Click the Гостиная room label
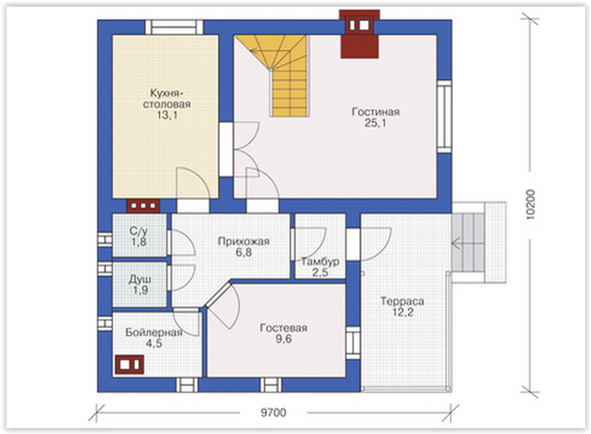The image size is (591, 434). coord(375,112)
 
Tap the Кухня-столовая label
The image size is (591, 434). coord(167,98)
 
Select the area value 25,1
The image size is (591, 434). coord(375,123)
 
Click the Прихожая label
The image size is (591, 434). coord(244,242)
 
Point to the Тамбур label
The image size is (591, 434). coord(320,261)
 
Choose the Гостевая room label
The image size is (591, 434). coord(283,328)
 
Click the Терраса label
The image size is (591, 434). coord(402,301)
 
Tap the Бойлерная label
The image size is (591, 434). coord(153,332)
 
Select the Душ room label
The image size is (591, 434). coord(139,279)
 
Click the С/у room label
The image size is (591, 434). coord(139,231)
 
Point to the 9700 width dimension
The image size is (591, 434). coord(273,413)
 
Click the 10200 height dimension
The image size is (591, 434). coord(530,204)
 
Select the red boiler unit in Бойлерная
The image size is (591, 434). coord(129,365)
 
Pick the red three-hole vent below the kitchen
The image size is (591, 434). coord(143,206)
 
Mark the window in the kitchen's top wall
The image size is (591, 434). coord(174,27)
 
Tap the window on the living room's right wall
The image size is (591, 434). coord(444,117)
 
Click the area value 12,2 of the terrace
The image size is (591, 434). coord(402,312)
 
